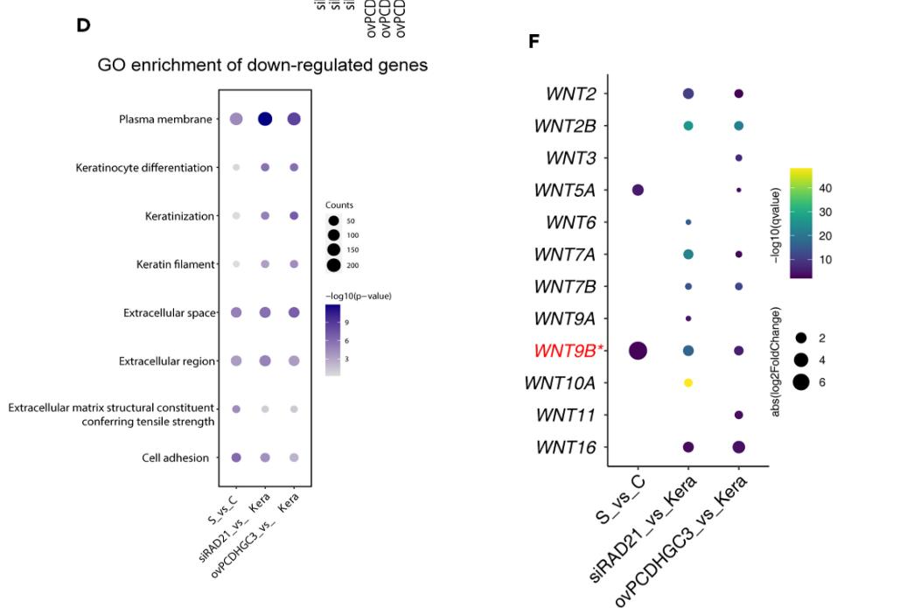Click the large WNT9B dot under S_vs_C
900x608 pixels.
tap(638, 351)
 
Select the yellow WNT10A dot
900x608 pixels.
tap(688, 382)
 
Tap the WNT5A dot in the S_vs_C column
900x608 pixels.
tap(638, 190)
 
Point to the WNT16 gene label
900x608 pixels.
tap(567, 447)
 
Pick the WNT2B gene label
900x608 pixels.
tap(565, 126)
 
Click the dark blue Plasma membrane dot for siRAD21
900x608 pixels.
tap(264, 119)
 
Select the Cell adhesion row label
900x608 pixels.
tap(175, 458)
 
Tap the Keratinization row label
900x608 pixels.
tap(178, 216)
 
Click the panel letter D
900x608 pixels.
tap(83, 25)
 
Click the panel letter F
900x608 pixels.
tap(534, 42)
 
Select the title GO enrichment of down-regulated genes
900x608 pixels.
tap(262, 66)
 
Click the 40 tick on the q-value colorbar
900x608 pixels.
tap(825, 188)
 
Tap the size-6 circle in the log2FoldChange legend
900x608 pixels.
tap(801, 381)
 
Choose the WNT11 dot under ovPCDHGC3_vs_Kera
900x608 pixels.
tap(739, 415)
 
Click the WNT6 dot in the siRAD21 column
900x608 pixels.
tap(688, 222)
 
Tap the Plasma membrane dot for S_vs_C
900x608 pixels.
tap(236, 119)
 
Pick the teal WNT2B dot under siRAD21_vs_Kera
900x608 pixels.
tap(688, 126)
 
